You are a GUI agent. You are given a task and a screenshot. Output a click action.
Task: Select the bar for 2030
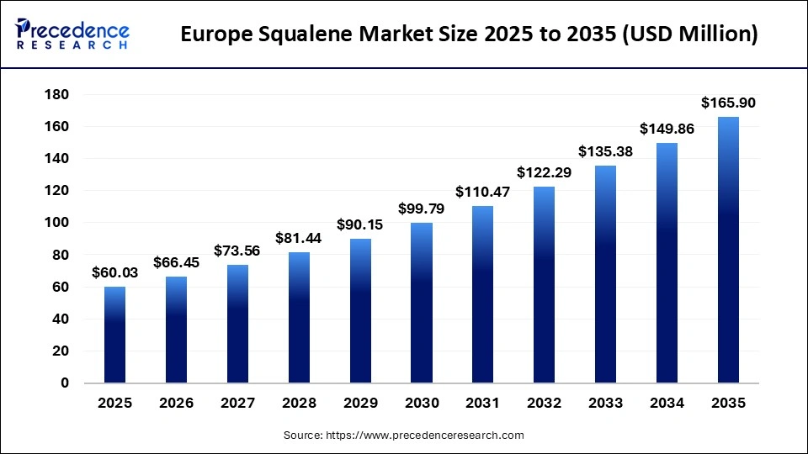[x=422, y=303]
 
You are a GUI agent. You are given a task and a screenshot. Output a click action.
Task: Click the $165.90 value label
[x=728, y=103]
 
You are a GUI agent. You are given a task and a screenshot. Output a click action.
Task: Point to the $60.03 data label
[x=114, y=273]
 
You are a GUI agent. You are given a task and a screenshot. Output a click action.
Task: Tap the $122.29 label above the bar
[x=545, y=173]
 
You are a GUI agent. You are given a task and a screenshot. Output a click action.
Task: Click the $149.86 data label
[x=667, y=129]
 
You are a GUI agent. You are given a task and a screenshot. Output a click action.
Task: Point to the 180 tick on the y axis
[x=56, y=95]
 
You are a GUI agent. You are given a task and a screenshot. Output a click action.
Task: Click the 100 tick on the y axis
[x=56, y=223]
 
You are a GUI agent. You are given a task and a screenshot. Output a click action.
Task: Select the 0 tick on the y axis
[x=65, y=383]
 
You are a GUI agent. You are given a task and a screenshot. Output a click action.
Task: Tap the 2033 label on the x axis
[x=606, y=404]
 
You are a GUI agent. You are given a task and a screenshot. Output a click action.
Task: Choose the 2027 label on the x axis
[x=237, y=404]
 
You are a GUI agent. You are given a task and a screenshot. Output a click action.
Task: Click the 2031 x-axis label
[x=483, y=404]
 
